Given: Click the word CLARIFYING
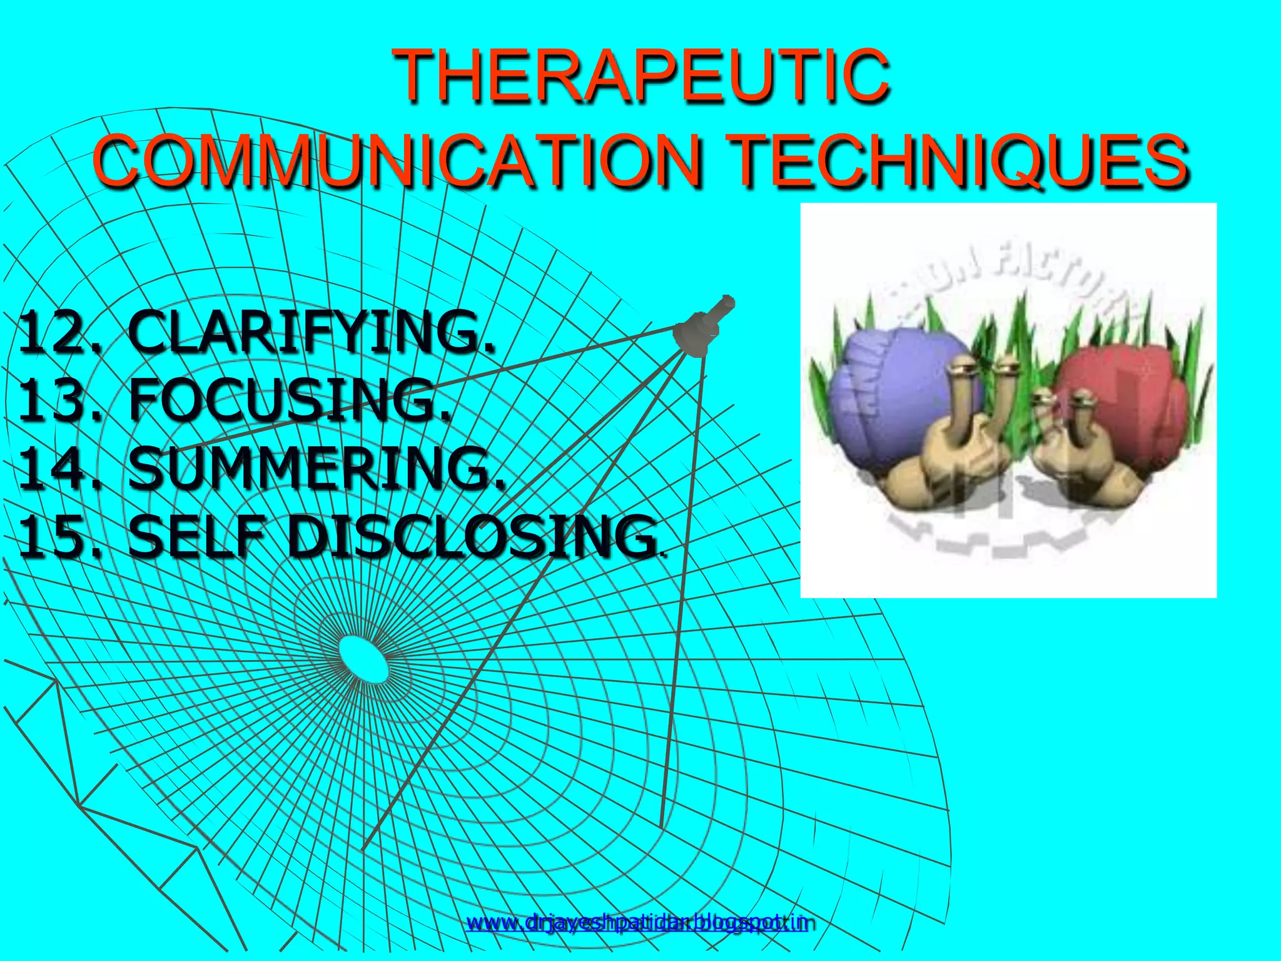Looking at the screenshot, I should pos(313,332).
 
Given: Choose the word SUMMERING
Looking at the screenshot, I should pos(316,469).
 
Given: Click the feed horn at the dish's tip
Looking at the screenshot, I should pos(704,325).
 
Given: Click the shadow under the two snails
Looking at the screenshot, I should pos(1013,519).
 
